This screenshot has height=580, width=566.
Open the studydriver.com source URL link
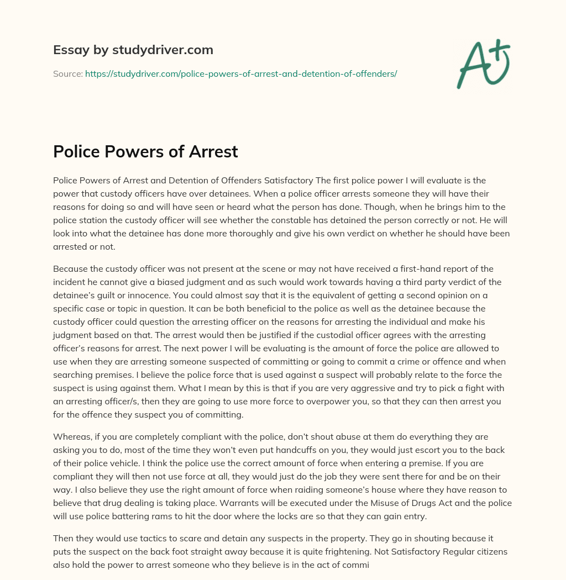[241, 73]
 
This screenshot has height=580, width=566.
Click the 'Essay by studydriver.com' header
[133, 50]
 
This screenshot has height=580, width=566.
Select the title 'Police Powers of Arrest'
[145, 151]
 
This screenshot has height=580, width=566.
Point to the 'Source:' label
[68, 73]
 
